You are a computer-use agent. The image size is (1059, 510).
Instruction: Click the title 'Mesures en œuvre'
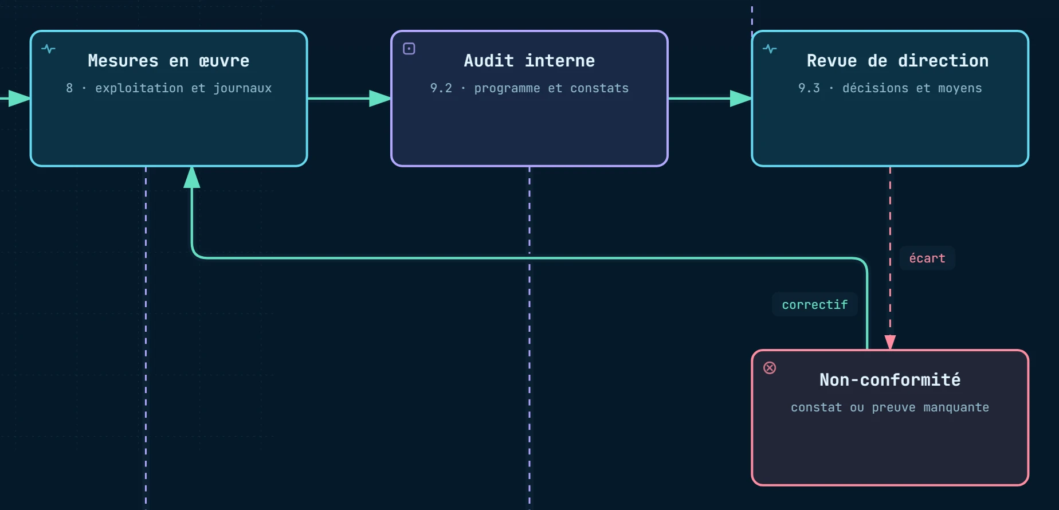point(168,61)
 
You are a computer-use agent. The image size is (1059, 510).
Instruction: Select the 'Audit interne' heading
point(529,61)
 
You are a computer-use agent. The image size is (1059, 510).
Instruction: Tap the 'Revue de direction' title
point(897,61)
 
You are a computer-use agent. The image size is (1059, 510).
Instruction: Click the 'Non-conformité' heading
point(890,379)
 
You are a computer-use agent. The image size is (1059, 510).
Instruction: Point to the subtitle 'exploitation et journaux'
point(183,88)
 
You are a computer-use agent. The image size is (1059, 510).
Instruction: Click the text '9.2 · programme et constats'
point(529,88)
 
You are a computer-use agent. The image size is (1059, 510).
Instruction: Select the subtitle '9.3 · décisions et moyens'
point(890,88)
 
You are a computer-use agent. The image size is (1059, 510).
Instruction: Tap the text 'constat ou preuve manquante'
point(890,407)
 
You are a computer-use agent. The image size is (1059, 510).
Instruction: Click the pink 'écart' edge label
point(927,258)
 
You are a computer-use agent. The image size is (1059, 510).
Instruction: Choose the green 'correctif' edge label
point(815,305)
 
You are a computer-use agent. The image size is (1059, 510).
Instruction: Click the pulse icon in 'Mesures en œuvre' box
point(49,49)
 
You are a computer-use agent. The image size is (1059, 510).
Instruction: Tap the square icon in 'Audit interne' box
point(409,49)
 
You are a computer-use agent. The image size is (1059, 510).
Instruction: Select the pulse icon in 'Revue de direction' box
point(770,49)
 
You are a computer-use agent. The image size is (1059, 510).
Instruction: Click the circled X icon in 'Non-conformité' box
point(770,368)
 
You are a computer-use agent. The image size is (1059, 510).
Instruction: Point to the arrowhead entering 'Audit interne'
point(380,99)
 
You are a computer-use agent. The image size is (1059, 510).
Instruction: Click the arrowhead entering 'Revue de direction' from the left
point(741,99)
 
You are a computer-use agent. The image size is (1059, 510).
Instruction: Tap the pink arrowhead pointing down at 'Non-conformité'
point(890,343)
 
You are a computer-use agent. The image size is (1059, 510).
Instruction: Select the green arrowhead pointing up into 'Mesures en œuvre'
point(192,177)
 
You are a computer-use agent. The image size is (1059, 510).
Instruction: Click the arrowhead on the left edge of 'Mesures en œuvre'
point(19,99)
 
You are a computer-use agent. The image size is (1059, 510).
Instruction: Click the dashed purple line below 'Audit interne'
point(529,338)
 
